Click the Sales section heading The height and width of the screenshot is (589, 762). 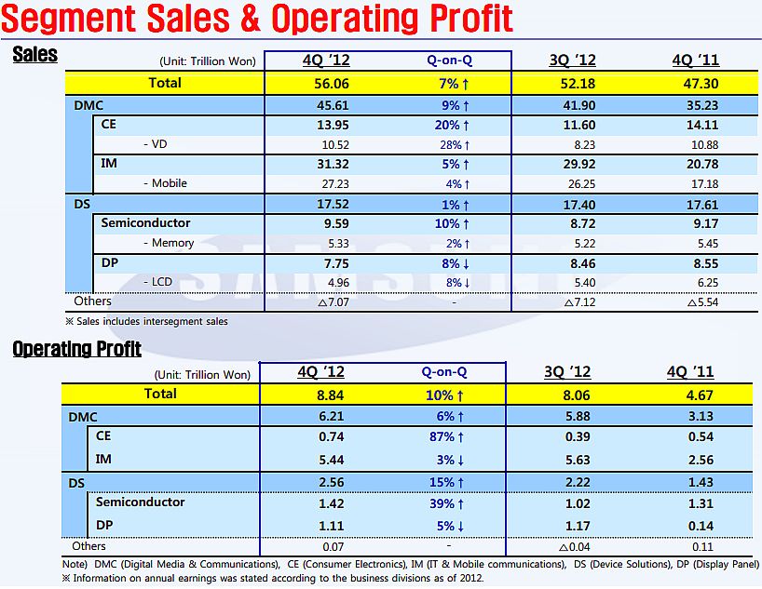(x=35, y=54)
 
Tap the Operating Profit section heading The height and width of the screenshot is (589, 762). (x=76, y=349)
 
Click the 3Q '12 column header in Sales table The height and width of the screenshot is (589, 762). (x=573, y=60)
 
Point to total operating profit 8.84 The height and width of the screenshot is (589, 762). (x=320, y=394)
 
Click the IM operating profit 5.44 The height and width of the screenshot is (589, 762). (x=320, y=459)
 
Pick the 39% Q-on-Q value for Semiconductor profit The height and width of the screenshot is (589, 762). (x=447, y=502)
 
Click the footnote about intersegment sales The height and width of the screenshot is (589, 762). (x=147, y=321)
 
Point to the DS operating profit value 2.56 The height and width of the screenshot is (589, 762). (x=320, y=481)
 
